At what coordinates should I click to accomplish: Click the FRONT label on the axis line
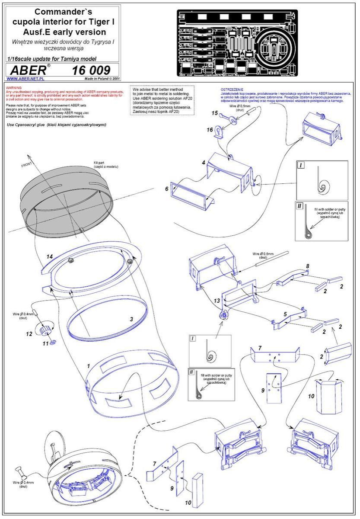pyautogui.click(x=27, y=165)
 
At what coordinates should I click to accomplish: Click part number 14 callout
pyautogui.click(x=50, y=257)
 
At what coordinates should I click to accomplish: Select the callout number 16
pyautogui.click(x=209, y=129)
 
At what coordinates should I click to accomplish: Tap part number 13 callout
pyautogui.click(x=217, y=300)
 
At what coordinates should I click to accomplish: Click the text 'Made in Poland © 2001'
pyautogui.click(x=103, y=79)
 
